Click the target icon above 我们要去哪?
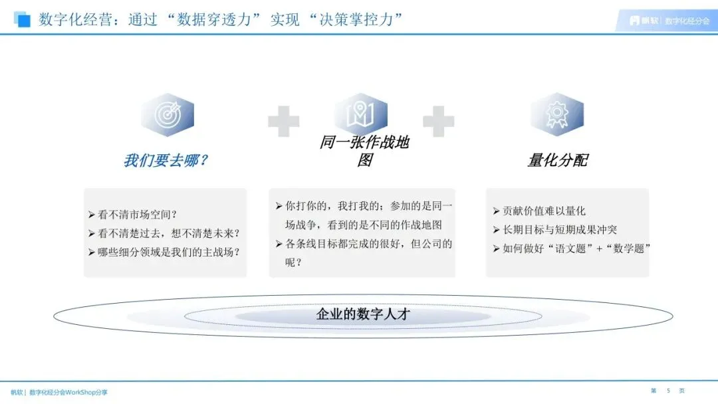[x=167, y=115]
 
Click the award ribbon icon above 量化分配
[x=556, y=114]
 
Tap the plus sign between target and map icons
[x=283, y=122]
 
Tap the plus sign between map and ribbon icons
[x=438, y=122]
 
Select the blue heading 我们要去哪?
[x=166, y=161]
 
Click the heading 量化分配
[x=557, y=161]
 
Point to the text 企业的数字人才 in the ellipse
[x=363, y=314]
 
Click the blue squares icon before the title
[x=22, y=19]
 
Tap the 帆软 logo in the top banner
[x=642, y=21]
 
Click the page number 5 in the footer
[x=667, y=390]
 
